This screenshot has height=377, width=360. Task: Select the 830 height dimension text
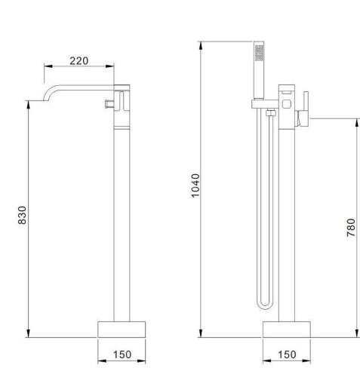pyautogui.click(x=21, y=218)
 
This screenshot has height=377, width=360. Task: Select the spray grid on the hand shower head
pyautogui.click(x=260, y=54)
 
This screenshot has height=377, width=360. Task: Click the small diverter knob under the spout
pyautogui.click(x=110, y=101)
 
